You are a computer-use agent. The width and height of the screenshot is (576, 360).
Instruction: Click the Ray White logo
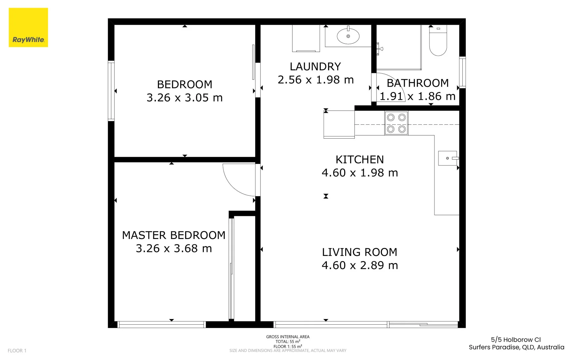click(x=28, y=28)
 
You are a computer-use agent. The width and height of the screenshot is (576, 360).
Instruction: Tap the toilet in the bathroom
click(x=438, y=42)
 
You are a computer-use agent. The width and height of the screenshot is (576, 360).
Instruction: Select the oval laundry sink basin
click(x=348, y=36)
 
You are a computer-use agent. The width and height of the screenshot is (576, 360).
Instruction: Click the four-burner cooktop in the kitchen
click(x=396, y=123)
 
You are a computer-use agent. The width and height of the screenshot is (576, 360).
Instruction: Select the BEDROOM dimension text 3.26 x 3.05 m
click(x=185, y=98)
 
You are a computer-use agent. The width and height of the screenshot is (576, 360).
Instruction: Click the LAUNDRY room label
click(x=315, y=67)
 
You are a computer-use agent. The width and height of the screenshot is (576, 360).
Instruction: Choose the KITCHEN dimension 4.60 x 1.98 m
click(x=360, y=173)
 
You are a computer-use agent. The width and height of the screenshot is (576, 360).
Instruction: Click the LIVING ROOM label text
click(x=359, y=252)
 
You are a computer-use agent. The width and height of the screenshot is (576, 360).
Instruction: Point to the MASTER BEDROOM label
click(x=174, y=235)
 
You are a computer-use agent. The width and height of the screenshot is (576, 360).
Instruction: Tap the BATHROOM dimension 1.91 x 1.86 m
click(x=417, y=96)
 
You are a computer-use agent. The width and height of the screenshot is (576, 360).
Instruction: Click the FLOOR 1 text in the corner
click(x=17, y=350)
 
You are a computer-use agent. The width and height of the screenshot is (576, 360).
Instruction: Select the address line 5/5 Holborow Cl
click(x=516, y=340)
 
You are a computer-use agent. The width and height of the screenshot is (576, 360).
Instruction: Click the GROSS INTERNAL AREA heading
click(x=288, y=337)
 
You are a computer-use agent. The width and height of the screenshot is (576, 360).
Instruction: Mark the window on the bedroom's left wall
click(x=111, y=91)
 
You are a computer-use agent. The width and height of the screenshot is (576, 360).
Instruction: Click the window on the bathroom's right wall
click(x=462, y=72)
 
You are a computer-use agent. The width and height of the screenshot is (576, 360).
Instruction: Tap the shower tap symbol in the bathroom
click(x=379, y=49)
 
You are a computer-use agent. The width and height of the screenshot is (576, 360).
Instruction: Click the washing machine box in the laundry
click(x=306, y=38)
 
